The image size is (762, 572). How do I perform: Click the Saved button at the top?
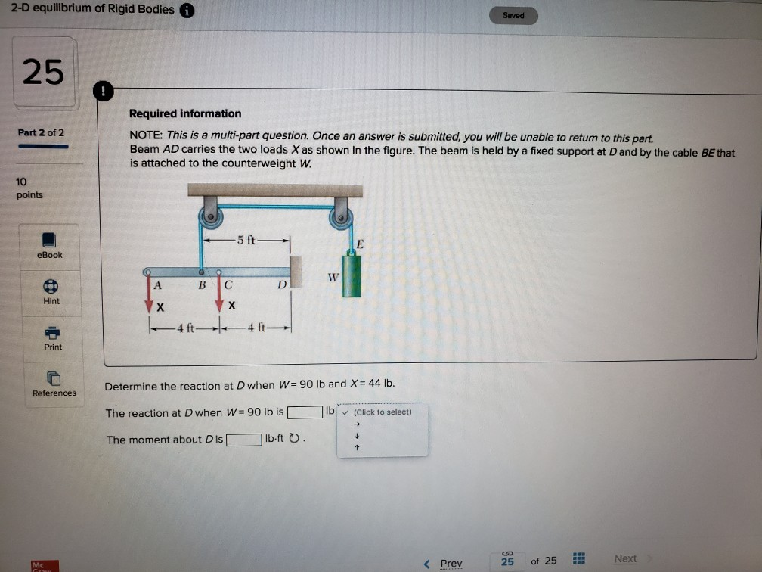[x=513, y=15]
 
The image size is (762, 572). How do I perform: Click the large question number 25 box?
[x=43, y=73]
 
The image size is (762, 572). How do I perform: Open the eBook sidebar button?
[x=50, y=246]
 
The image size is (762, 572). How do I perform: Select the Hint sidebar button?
[x=50, y=291]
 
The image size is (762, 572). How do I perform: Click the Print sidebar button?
[x=52, y=337]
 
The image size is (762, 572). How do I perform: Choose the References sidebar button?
[x=54, y=383]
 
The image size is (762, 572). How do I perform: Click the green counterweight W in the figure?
[x=352, y=275]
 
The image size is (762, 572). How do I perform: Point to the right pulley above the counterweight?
[x=341, y=218]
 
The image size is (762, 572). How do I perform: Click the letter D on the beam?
[x=280, y=285]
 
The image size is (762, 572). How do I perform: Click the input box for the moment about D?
[x=243, y=440]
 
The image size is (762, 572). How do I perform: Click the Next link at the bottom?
[x=626, y=558]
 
